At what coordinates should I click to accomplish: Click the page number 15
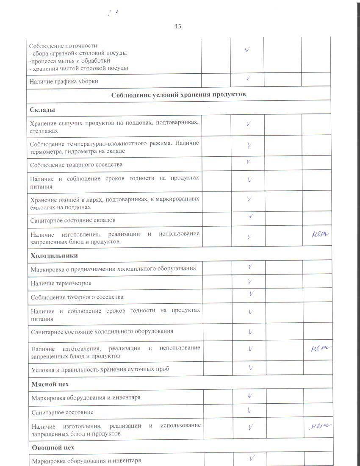click(178, 26)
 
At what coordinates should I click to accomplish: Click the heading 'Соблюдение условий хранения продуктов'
click(178, 94)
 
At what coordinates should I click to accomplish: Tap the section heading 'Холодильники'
click(54, 255)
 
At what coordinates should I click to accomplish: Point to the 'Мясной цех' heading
click(50, 384)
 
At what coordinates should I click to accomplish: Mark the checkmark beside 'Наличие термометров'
click(250, 281)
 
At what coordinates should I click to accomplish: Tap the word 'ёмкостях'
click(42, 208)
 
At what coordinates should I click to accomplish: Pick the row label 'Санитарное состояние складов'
click(73, 220)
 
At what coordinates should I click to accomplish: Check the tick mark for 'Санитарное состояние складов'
click(251, 216)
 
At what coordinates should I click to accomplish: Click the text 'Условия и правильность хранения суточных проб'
click(100, 369)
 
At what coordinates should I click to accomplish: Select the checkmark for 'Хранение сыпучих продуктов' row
click(249, 124)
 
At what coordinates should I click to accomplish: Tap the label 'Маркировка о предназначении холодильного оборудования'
click(113, 269)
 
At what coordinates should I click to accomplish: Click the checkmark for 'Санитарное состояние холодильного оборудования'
click(250, 332)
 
